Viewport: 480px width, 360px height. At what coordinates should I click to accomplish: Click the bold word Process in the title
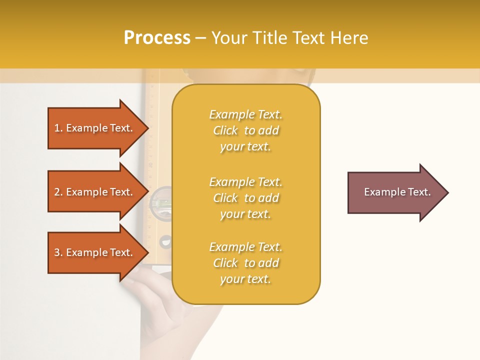coord(157,38)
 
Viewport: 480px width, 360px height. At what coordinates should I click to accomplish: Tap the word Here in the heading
coord(349,38)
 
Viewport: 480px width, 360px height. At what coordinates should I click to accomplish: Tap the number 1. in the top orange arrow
coord(58,128)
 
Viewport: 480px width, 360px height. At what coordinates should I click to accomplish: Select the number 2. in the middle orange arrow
coord(58,192)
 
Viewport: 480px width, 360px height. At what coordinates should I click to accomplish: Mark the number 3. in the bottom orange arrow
coord(58,252)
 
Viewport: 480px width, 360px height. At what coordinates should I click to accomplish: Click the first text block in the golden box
coord(245,130)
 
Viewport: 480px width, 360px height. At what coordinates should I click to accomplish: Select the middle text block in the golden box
coord(245,198)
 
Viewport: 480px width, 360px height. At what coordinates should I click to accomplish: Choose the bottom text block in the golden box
coord(245,263)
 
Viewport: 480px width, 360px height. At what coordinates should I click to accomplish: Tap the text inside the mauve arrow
coord(397,192)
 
